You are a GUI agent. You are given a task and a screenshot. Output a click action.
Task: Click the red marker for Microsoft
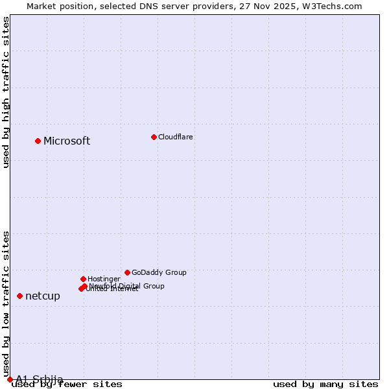38,141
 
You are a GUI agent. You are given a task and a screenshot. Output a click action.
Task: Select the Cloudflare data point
154,137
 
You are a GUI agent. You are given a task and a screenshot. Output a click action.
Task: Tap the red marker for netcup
19,296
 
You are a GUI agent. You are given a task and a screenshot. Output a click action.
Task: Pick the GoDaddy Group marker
127,272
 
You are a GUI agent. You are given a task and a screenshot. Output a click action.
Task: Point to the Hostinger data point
83,279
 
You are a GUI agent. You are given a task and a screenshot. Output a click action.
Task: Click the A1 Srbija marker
10,379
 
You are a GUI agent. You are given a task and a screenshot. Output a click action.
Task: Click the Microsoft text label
67,141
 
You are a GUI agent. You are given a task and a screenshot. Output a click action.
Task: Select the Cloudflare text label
176,137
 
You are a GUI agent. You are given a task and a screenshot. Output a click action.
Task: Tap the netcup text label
43,296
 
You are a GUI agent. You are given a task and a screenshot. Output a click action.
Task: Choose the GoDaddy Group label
159,272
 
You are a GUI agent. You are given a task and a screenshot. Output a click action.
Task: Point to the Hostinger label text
104,279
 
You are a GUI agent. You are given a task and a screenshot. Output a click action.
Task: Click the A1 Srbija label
40,379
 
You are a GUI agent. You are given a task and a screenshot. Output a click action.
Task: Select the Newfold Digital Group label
127,285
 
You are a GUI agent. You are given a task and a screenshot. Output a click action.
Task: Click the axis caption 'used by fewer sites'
67,384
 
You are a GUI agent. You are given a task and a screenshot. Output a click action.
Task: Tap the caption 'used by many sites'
325,384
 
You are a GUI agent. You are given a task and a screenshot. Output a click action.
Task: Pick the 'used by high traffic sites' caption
6,92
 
